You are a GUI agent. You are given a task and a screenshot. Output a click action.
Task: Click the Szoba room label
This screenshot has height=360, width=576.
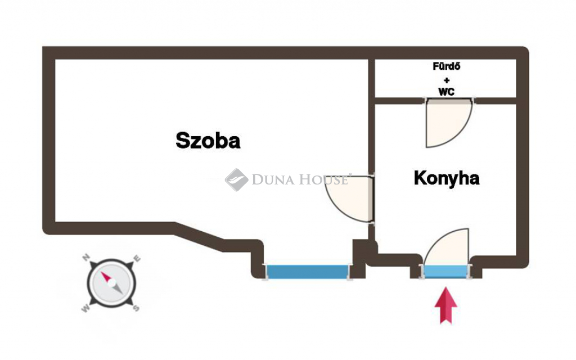208,140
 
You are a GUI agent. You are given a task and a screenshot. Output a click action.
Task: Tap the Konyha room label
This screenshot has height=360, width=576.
446,178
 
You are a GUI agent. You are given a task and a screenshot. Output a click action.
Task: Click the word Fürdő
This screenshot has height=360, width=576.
446,66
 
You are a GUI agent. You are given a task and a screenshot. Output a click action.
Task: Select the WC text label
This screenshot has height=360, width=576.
446,92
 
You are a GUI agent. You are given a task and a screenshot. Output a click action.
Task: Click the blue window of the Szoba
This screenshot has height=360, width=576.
307,272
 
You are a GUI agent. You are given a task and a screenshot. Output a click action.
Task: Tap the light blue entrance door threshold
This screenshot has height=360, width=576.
446,271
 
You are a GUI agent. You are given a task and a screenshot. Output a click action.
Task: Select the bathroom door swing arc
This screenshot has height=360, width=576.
448,123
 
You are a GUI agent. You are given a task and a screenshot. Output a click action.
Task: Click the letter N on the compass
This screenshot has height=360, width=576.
86,257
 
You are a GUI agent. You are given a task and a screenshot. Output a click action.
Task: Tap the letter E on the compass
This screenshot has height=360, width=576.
137,258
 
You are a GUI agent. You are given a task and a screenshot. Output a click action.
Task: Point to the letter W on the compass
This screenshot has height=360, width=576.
85,309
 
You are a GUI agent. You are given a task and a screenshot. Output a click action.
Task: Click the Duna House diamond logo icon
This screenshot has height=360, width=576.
236,179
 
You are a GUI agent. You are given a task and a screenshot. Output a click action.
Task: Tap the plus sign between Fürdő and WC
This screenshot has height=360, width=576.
446,80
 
